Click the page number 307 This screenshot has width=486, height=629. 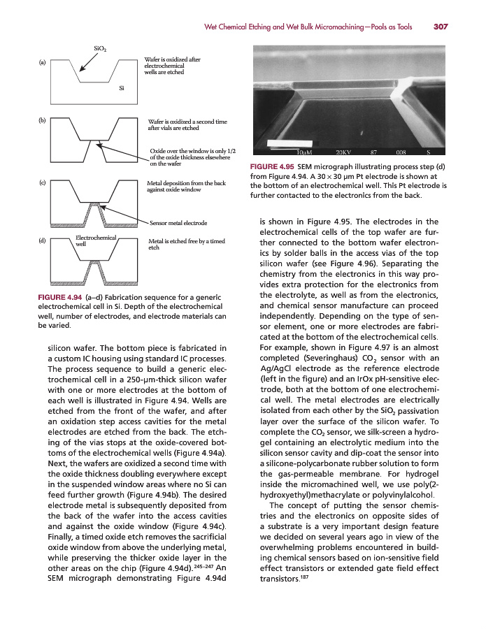coord(440,27)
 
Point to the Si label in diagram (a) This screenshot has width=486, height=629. coord(122,89)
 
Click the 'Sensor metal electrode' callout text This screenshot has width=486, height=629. coord(178,223)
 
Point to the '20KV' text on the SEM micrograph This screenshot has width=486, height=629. coord(343,152)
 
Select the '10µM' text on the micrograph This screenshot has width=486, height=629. coord(303,152)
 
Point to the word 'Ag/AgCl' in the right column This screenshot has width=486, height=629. coord(278,370)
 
